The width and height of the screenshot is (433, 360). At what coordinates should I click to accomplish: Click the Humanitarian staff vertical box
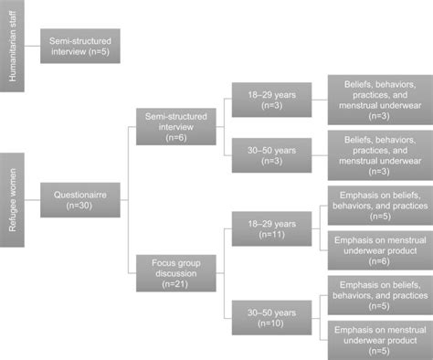[13, 46]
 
